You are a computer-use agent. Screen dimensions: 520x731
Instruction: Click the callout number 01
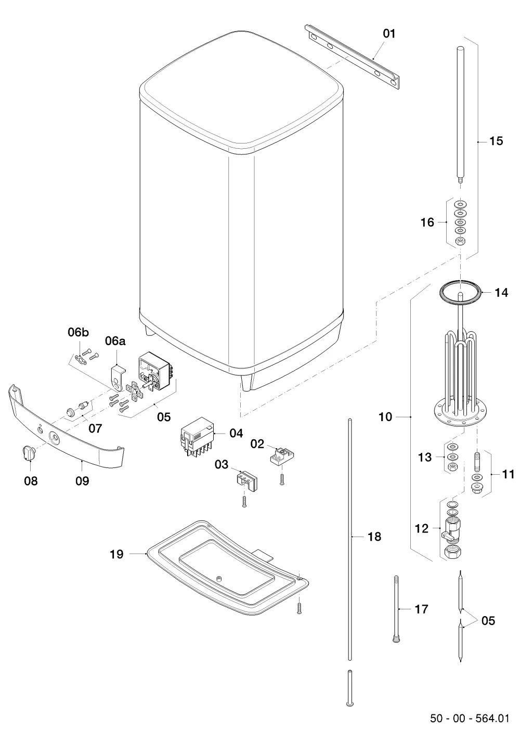(389, 34)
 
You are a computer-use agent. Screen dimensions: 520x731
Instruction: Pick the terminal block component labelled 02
(282, 454)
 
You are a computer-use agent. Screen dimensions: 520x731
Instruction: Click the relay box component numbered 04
(198, 438)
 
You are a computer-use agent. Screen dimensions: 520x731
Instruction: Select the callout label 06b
(79, 332)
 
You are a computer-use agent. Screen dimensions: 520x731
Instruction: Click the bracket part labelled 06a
(118, 377)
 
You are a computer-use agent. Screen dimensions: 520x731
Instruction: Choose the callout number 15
(496, 141)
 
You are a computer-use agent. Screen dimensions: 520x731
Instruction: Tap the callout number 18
(374, 537)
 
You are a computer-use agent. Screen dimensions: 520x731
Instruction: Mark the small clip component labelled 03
(247, 480)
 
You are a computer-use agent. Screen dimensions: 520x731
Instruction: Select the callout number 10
(385, 417)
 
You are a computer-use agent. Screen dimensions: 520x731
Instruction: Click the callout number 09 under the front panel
(82, 481)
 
